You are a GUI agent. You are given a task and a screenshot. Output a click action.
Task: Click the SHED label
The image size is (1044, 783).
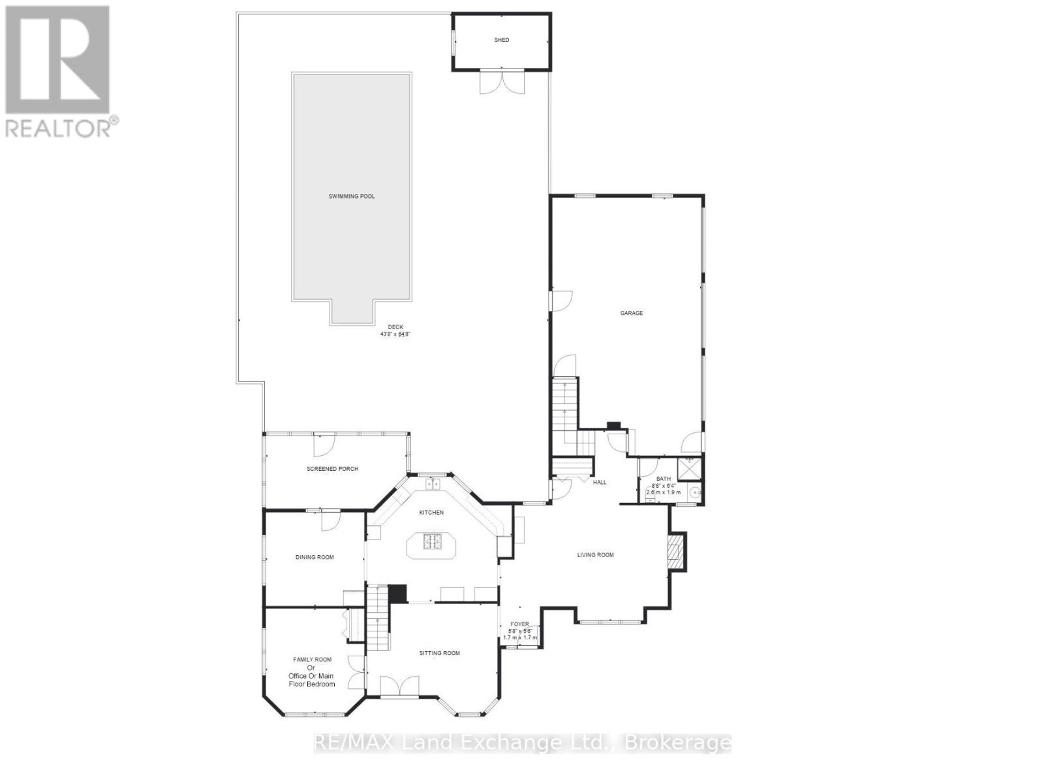[501, 40]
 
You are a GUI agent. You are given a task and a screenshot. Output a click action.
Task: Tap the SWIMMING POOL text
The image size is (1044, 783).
[352, 196]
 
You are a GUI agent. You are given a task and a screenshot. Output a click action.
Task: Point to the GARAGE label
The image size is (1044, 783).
[631, 313]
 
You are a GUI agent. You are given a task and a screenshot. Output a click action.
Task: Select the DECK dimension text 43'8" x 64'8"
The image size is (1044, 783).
[395, 334]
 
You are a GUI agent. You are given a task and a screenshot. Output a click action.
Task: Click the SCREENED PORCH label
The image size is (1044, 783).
[332, 469]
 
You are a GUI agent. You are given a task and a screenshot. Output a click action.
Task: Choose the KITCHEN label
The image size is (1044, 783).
[431, 513]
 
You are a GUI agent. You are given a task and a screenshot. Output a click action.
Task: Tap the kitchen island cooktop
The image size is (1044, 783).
[432, 541]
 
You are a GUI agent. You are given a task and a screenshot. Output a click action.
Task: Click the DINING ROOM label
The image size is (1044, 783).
[315, 557]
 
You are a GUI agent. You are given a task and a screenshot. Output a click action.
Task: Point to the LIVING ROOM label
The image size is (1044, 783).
[595, 555]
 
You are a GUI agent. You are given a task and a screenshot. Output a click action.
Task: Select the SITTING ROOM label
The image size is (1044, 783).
[439, 653]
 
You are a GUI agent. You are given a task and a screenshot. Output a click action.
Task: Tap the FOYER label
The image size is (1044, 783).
[519, 624]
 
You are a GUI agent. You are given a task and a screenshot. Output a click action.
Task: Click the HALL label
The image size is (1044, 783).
[599, 483]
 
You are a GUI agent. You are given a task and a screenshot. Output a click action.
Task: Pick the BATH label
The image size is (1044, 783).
[663, 479]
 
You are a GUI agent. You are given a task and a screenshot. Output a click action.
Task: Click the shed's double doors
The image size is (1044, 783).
[502, 82]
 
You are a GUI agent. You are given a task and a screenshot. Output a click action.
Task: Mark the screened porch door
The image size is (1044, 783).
[322, 444]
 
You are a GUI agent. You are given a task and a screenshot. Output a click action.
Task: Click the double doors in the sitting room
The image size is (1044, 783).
[399, 686]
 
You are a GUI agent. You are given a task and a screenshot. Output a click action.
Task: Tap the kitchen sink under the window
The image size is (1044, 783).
[431, 484]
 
